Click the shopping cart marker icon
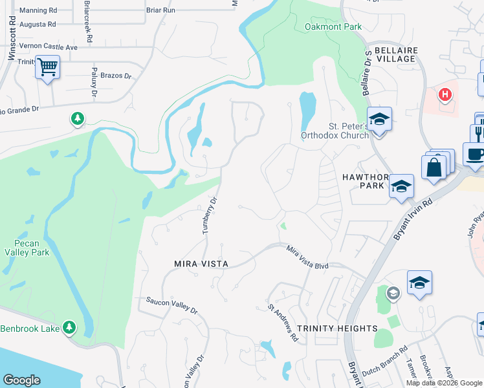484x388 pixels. click(47, 66)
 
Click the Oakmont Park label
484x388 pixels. click(333, 27)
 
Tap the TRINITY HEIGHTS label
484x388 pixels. click(337, 329)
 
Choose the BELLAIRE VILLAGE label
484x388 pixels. click(391, 54)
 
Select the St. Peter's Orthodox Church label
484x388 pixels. click(334, 131)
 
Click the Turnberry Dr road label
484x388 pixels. click(209, 217)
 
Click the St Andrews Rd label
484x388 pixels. click(283, 323)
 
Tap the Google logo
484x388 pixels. click(22, 380)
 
